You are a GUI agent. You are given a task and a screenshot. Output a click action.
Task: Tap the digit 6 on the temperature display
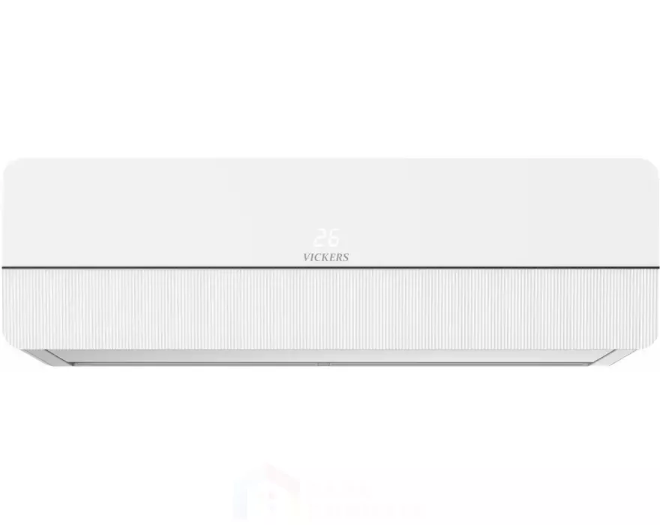pos(333,238)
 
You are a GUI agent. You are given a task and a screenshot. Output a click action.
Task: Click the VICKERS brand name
pos(325,257)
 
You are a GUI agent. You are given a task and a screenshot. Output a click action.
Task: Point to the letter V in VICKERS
pos(307,257)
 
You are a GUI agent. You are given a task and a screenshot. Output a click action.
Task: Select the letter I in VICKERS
pos(313,257)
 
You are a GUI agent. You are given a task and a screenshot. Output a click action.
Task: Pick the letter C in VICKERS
pos(319,257)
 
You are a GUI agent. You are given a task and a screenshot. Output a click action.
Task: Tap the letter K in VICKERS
pos(325,257)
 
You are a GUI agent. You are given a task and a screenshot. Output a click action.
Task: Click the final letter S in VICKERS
pos(346,257)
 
